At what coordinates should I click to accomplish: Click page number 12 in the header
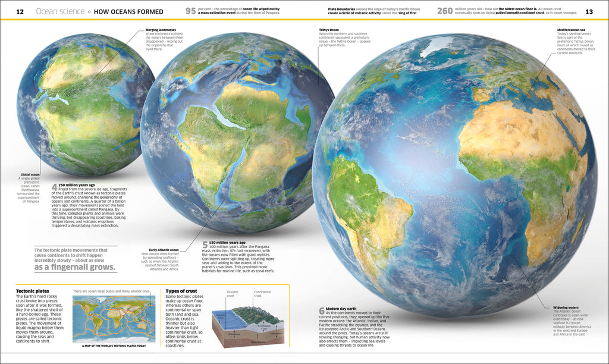[x=20, y=11]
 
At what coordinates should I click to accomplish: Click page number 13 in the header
[x=589, y=11]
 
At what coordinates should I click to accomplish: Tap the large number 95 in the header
[x=190, y=11]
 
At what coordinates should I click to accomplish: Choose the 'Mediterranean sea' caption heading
[x=571, y=29]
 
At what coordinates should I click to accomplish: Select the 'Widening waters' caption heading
[x=566, y=307]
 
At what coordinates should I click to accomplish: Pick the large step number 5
[x=205, y=244]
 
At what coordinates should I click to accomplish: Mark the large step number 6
[x=322, y=310]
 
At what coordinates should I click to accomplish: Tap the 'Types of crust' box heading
[x=182, y=291]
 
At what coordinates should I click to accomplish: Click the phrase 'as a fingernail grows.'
[x=75, y=268]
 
